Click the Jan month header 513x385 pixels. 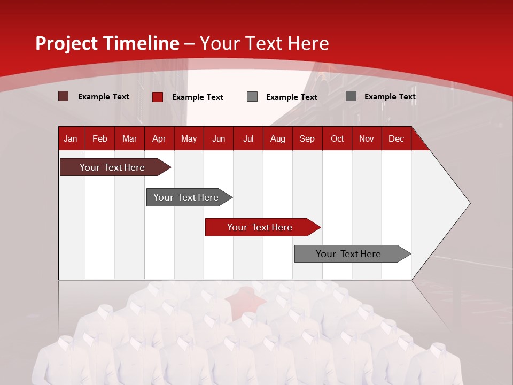point(71,138)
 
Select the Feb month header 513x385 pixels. point(100,138)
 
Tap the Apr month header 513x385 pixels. point(159,138)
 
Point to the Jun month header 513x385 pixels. point(219,138)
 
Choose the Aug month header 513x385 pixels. point(277,138)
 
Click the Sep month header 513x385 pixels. point(307,138)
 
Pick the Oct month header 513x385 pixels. point(337,138)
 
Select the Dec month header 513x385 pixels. point(396,138)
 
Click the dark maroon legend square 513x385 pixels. point(64,96)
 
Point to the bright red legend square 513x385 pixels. point(158,97)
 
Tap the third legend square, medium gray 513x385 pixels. point(252,97)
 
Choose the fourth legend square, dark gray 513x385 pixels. point(351,96)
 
